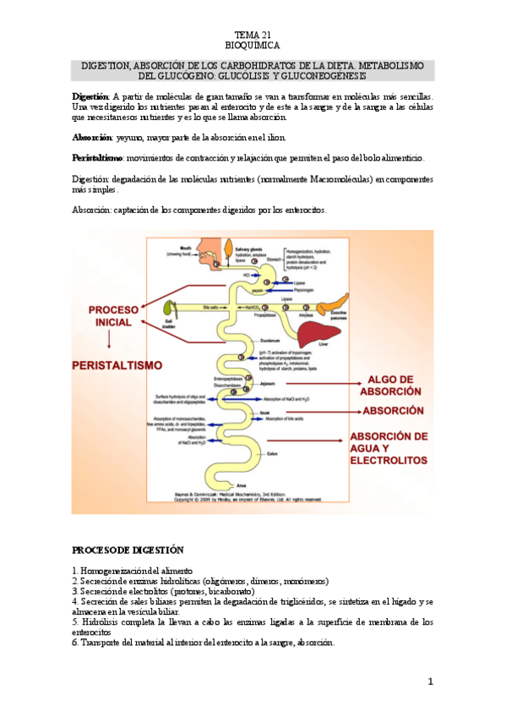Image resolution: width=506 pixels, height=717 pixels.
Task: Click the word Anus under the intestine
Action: [242, 484]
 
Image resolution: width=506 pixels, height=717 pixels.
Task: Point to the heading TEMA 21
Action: [253, 34]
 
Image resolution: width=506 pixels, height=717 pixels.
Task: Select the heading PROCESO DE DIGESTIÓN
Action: [127, 550]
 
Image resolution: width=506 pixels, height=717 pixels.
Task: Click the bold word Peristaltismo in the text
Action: [98, 158]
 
